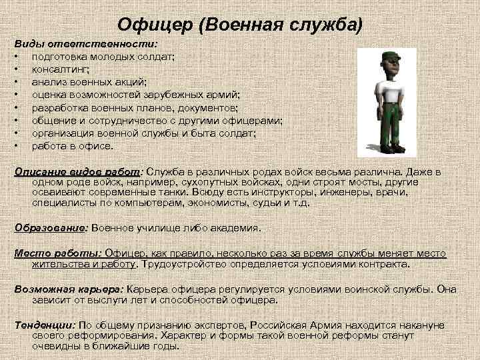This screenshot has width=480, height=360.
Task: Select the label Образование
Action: tap(51, 227)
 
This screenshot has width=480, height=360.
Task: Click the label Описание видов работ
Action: tap(79, 171)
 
